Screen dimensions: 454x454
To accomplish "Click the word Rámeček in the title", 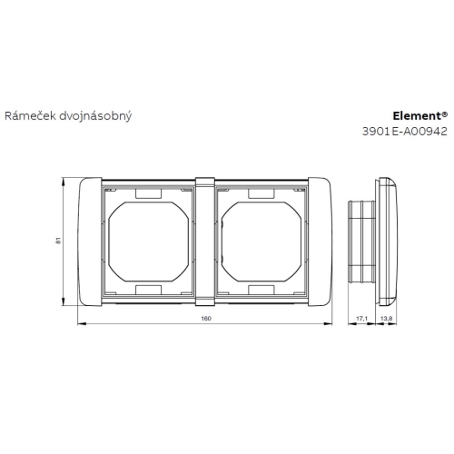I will coord(28,116).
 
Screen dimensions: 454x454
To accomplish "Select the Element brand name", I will coord(418,116).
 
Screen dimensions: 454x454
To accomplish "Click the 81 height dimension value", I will coord(58,241).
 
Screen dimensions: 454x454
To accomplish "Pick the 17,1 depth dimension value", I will coord(360,319).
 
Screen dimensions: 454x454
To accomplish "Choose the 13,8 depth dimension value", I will coord(385,319).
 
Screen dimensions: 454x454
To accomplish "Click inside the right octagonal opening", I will coord(262,241).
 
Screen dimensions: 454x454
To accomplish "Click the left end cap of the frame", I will coord(89,241).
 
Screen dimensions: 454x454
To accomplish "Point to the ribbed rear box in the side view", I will coord(361,241).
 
